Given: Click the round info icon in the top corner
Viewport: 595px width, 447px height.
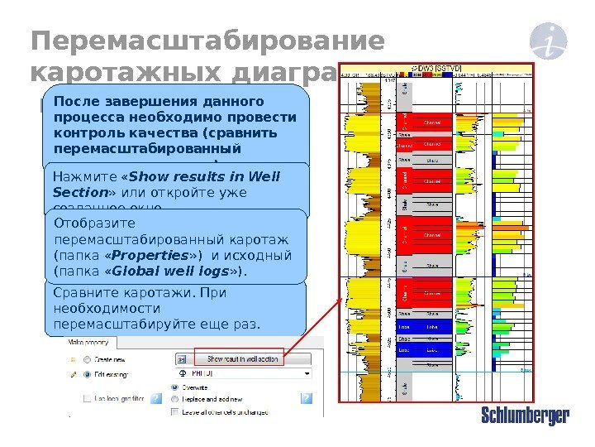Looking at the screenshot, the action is pyautogui.click(x=546, y=40).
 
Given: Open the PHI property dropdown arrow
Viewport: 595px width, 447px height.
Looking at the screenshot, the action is pyautogui.click(x=307, y=374).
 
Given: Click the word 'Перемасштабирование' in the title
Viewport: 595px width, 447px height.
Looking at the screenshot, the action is pyautogui.click(x=207, y=41).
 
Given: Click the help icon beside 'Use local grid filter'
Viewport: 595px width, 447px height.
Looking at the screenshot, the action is pyautogui.click(x=158, y=399).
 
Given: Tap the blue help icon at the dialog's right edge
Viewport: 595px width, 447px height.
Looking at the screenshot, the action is pyautogui.click(x=307, y=398).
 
